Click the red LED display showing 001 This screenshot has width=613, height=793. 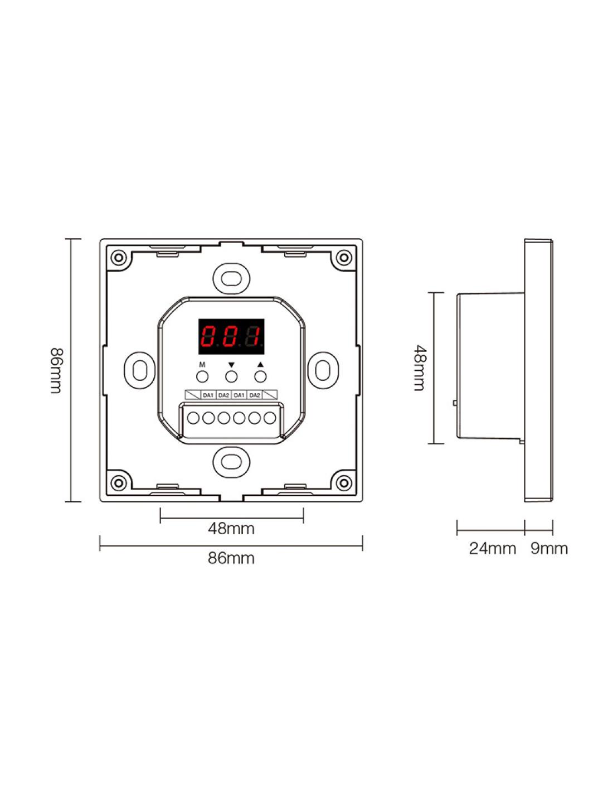(x=231, y=336)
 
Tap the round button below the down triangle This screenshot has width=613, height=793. (x=231, y=376)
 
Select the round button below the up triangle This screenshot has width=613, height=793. (x=260, y=376)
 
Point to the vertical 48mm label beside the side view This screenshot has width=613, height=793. (x=419, y=368)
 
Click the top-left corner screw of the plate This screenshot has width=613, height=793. (x=118, y=257)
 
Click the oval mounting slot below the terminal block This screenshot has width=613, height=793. (x=231, y=462)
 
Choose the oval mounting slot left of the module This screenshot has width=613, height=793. (x=140, y=370)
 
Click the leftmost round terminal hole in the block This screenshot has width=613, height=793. (x=193, y=418)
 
